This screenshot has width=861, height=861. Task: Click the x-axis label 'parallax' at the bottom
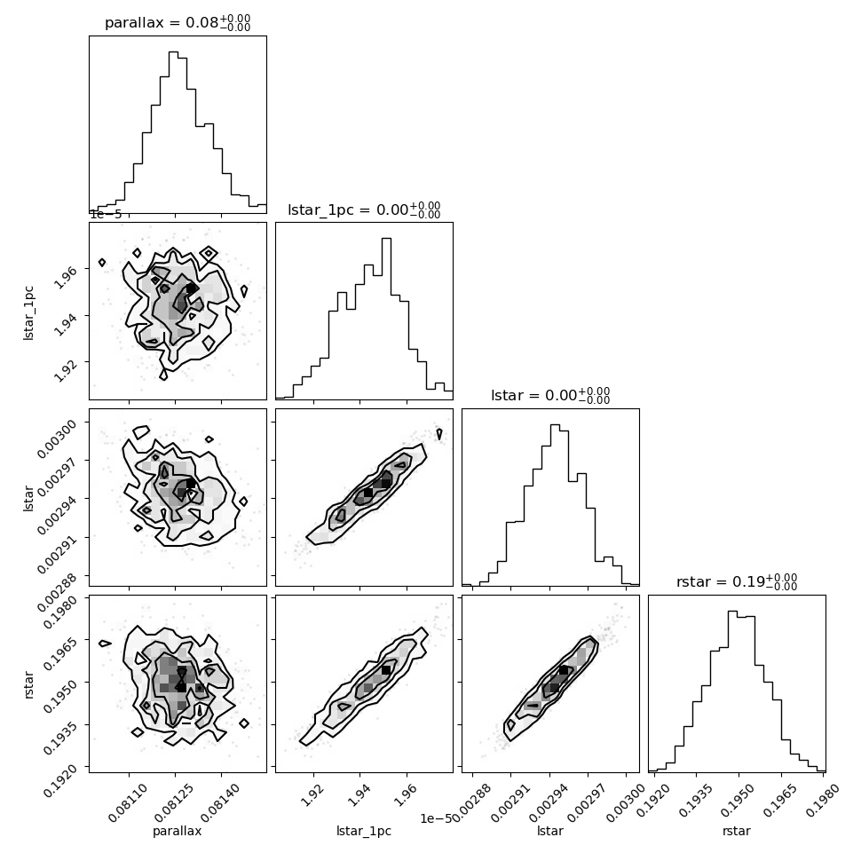(x=177, y=832)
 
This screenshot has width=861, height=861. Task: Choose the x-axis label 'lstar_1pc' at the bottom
(x=364, y=832)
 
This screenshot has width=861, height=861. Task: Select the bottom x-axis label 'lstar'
(x=550, y=831)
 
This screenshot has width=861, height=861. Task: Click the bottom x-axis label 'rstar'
(x=737, y=832)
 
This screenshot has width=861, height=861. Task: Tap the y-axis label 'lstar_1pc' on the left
(x=28, y=313)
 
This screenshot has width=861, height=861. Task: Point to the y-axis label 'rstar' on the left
(x=28, y=684)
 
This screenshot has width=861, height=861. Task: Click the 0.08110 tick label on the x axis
(x=128, y=802)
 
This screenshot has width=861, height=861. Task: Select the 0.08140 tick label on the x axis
(x=219, y=802)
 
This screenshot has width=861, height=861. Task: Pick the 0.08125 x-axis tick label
(x=173, y=802)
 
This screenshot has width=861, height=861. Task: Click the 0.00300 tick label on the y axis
(x=57, y=438)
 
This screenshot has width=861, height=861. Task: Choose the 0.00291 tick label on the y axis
(x=57, y=553)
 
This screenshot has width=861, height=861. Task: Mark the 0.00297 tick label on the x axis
(x=586, y=802)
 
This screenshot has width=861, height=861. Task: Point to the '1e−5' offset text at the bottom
(x=437, y=818)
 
